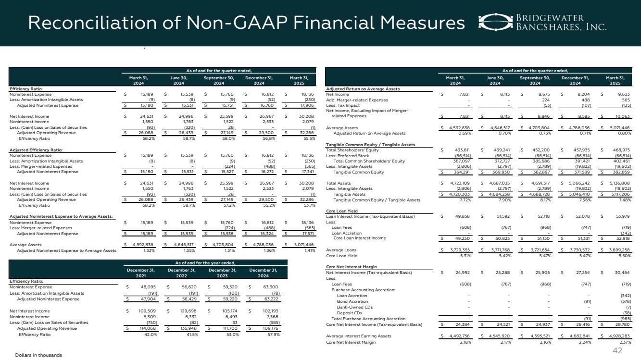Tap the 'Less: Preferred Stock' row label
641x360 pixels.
[348, 156]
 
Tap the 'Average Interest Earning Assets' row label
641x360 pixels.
[359, 336]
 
